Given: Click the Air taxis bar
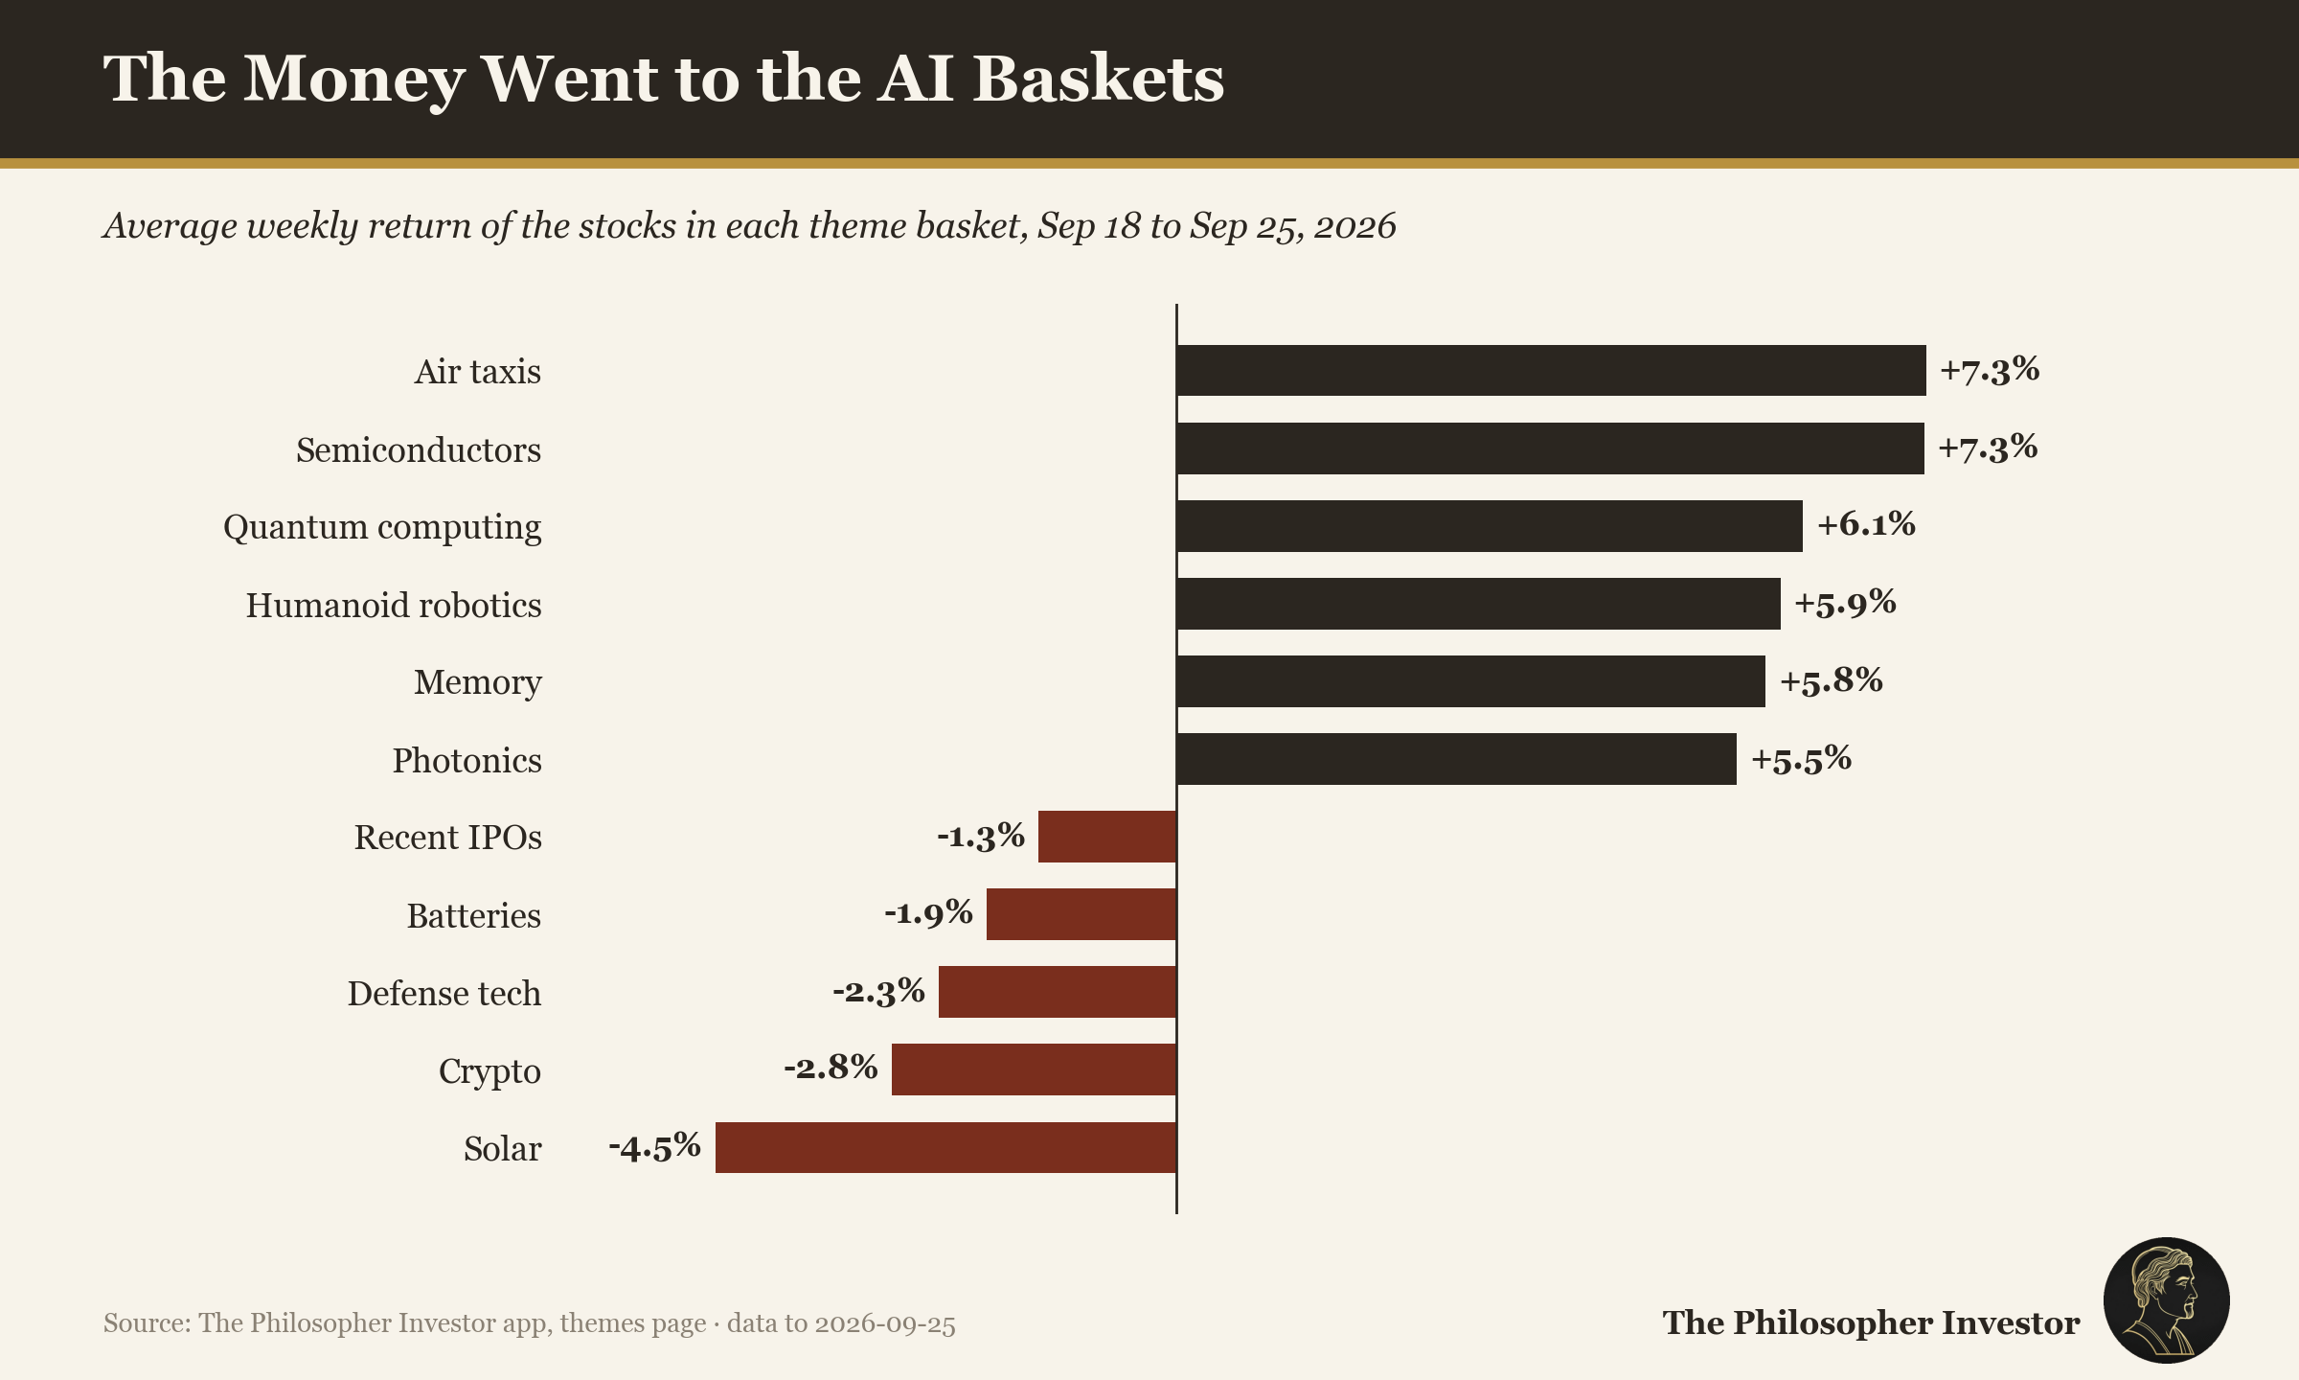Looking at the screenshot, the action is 1551,370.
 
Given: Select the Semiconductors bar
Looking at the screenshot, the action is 1550,448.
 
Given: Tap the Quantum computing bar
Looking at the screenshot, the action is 1490,526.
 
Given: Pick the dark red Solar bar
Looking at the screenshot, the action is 945,1147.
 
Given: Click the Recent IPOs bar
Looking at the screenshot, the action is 1107,837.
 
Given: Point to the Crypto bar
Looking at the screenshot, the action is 1034,1069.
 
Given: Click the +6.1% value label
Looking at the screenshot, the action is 1866,524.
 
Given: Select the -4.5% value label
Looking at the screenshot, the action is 655,1146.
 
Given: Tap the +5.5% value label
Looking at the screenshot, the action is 1801,759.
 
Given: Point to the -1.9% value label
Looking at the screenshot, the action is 928,912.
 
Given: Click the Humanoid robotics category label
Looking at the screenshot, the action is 394,605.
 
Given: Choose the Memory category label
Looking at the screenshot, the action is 478,682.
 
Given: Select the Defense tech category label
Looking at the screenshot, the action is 444,993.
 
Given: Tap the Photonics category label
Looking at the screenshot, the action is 467,760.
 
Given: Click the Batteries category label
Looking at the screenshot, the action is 474,915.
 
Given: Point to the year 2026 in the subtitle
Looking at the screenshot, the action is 1354,226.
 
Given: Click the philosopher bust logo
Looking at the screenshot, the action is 2166,1300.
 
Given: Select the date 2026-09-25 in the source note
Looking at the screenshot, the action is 884,1323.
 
